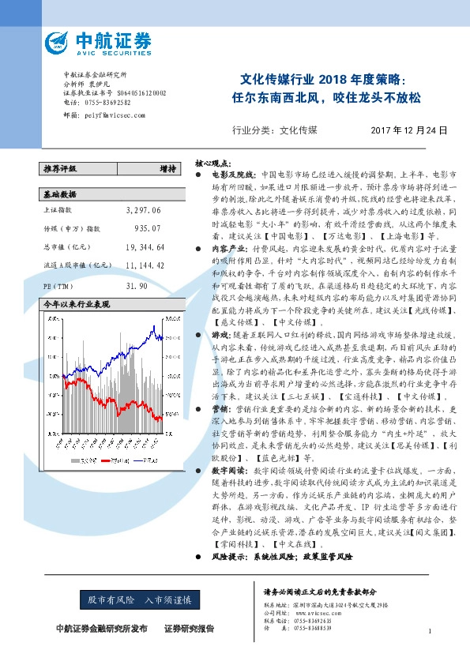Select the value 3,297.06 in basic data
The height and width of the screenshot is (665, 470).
point(143,211)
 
